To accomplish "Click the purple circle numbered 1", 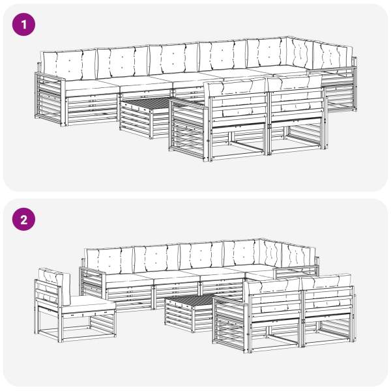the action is (x=23, y=25).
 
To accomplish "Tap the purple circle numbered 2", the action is (x=23, y=219).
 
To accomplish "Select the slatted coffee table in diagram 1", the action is (x=145, y=117).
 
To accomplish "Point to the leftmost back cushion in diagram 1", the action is (x=69, y=65).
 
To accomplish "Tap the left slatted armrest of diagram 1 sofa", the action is (x=50, y=99).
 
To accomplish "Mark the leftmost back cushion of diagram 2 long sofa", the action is (x=109, y=261).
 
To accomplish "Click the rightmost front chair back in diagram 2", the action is (x=328, y=300).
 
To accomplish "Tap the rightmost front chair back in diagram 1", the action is (x=297, y=100).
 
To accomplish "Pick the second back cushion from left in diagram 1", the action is (x=123, y=63).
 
